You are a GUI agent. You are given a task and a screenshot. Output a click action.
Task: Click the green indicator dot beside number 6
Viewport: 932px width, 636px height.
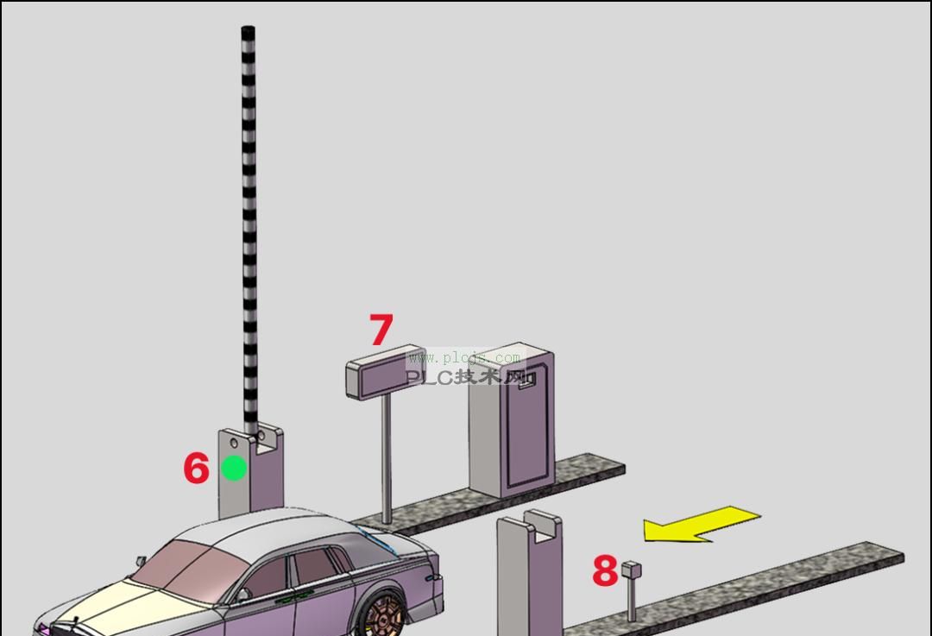[x=234, y=469]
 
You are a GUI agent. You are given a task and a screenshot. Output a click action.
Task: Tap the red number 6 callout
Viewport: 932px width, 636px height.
[x=196, y=469]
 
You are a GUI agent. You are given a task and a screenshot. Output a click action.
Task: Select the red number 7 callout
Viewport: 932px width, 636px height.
[x=381, y=330]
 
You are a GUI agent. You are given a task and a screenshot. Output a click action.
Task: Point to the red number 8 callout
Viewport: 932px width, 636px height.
[x=605, y=571]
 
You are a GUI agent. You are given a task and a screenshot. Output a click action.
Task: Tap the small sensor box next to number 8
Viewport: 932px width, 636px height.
[x=632, y=570]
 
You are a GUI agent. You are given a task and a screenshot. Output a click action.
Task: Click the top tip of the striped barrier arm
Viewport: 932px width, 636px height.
[x=249, y=31]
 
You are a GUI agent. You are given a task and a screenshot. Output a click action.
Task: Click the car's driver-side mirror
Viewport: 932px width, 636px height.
[x=245, y=594]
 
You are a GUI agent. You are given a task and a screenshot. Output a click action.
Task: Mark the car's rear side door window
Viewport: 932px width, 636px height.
[x=313, y=570]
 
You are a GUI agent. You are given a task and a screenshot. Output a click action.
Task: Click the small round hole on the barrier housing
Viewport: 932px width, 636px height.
[x=234, y=444]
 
